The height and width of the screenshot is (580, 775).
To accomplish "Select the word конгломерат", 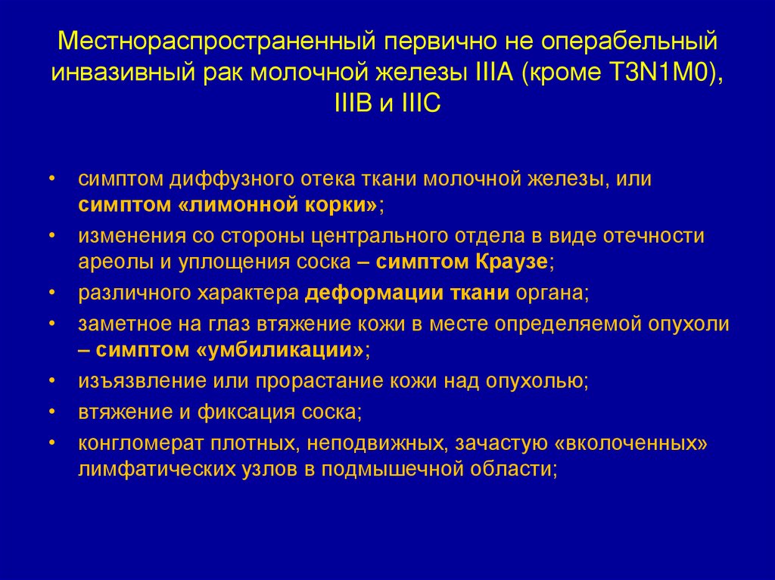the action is (x=125, y=442).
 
